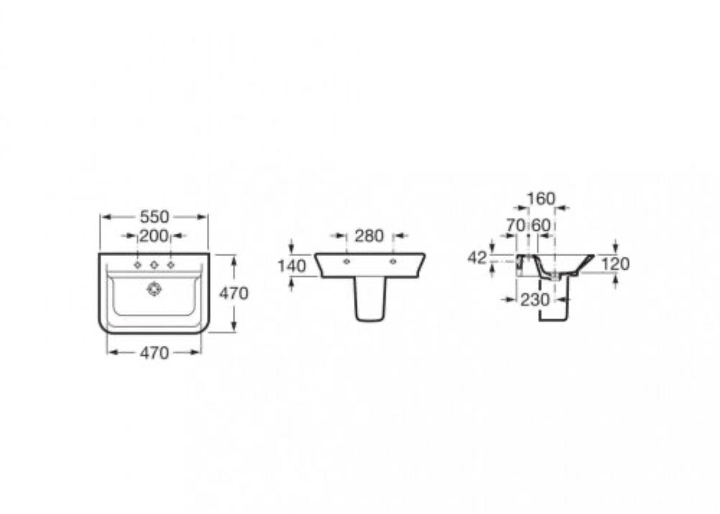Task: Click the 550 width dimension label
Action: pyautogui.click(x=154, y=217)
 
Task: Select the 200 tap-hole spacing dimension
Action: pyautogui.click(x=154, y=236)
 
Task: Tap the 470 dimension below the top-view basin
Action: pyautogui.click(x=154, y=353)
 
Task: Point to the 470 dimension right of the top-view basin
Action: pyautogui.click(x=233, y=293)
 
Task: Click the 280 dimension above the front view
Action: pyautogui.click(x=369, y=236)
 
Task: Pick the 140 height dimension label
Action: pyautogui.click(x=292, y=266)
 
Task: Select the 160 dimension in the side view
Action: pyautogui.click(x=542, y=199)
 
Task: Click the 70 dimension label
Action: pyautogui.click(x=516, y=225)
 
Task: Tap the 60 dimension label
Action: pyautogui.click(x=541, y=225)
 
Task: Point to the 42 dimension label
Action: pyautogui.click(x=478, y=258)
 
